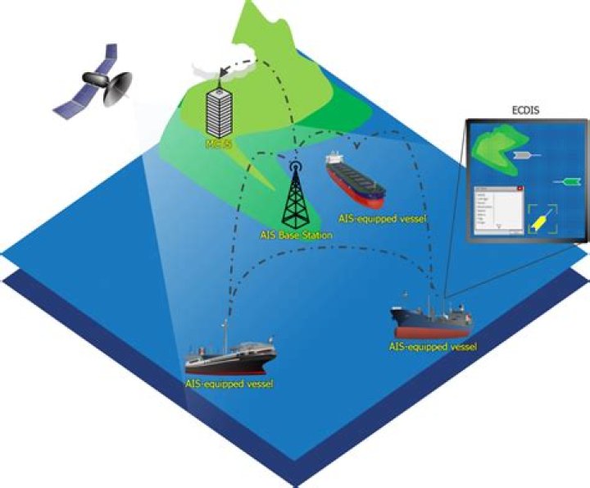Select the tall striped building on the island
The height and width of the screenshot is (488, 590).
pos(217,110)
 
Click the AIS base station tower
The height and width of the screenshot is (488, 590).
pos(297,198)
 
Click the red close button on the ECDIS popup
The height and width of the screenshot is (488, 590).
pos(520,189)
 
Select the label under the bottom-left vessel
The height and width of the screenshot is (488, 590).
pos(229,383)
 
